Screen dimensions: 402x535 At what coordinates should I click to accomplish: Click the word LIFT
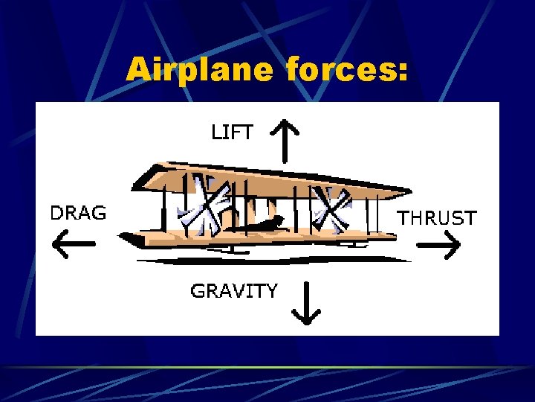(x=232, y=133)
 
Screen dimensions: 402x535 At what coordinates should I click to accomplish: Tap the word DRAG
(x=78, y=213)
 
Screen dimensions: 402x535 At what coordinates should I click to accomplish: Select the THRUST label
(x=438, y=218)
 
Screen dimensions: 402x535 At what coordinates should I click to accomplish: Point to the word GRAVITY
(x=234, y=290)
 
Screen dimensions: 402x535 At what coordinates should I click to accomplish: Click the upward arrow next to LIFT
(x=285, y=141)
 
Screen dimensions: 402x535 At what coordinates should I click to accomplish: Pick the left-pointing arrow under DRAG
(x=74, y=244)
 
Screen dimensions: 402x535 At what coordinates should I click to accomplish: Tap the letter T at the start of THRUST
(x=406, y=218)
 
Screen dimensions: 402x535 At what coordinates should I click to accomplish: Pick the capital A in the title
(x=138, y=71)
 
